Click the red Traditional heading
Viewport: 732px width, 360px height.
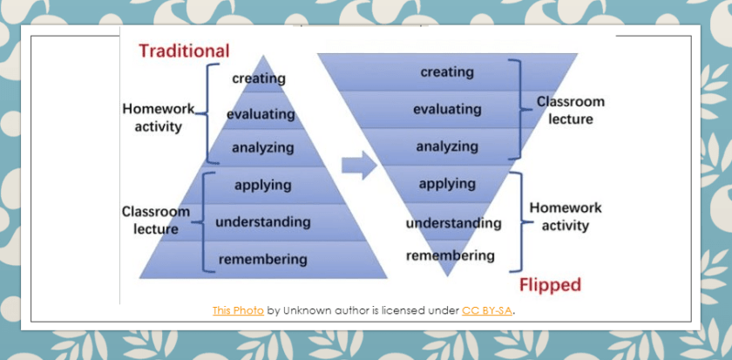click(x=183, y=51)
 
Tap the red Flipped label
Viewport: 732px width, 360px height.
click(x=549, y=285)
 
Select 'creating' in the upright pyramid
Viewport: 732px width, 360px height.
click(x=259, y=78)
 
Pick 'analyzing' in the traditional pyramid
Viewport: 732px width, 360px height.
click(x=262, y=147)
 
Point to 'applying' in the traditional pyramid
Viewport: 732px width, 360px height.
click(x=263, y=185)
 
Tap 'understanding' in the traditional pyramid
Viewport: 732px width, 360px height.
click(x=263, y=221)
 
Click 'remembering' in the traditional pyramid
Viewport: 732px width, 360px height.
click(x=262, y=259)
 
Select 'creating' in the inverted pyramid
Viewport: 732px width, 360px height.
click(x=447, y=72)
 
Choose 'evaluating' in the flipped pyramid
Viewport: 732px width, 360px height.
click(x=447, y=109)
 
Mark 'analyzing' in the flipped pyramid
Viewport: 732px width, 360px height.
click(x=447, y=146)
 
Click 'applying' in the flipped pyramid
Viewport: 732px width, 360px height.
click(x=447, y=184)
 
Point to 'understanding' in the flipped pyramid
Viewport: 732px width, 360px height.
click(x=453, y=223)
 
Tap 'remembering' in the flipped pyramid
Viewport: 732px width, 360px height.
click(x=451, y=255)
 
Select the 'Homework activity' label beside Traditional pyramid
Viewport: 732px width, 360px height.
click(x=152, y=119)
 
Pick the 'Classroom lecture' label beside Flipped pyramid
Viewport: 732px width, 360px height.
click(x=570, y=111)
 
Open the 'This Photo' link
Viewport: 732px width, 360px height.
click(x=238, y=310)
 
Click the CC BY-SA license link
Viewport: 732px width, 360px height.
click(x=487, y=310)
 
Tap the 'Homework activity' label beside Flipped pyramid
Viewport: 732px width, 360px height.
click(x=565, y=217)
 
